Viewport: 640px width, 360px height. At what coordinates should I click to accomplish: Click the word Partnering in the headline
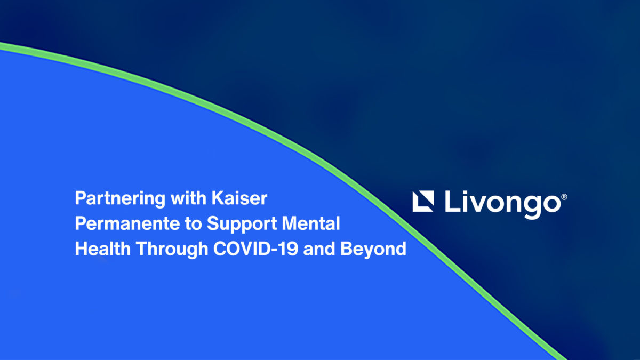click(x=120, y=198)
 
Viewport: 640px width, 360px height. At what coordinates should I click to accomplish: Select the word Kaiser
click(x=239, y=198)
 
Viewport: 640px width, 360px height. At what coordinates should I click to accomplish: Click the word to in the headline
click(x=194, y=224)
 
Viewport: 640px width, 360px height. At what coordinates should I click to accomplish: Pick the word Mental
click(x=311, y=223)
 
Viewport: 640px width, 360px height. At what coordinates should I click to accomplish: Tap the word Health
click(x=103, y=249)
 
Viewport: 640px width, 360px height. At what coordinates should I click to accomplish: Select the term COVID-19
click(x=255, y=249)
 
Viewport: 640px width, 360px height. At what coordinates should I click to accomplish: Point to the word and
click(x=319, y=249)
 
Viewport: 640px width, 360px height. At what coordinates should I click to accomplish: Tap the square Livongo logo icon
click(x=423, y=202)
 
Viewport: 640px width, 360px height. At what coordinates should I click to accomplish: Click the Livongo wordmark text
click(x=503, y=204)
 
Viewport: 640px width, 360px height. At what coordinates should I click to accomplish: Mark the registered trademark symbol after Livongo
click(x=564, y=197)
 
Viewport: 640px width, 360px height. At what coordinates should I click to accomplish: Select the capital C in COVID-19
click(x=221, y=249)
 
